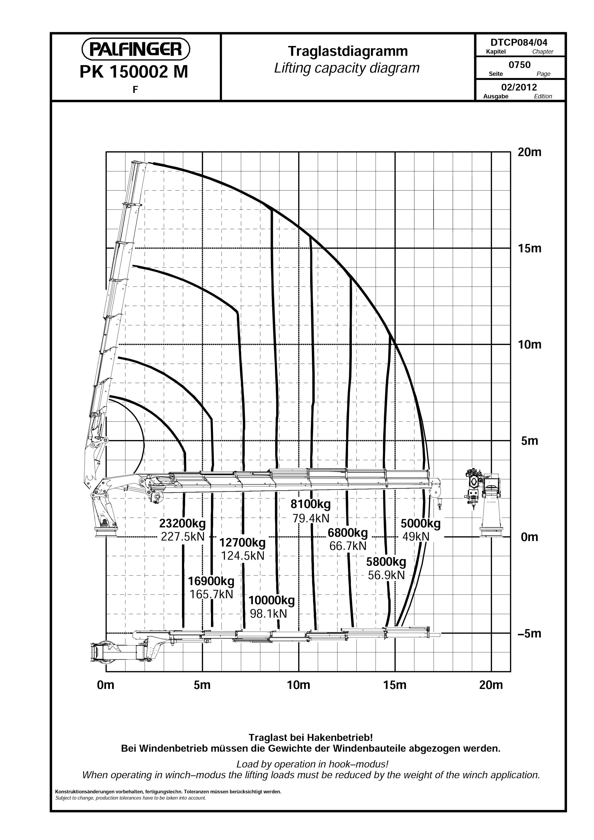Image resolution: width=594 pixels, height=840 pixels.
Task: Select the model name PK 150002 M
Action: [x=134, y=72]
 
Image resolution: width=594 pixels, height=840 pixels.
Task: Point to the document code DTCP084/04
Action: [x=519, y=42]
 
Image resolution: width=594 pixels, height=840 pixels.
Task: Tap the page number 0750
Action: [x=520, y=65]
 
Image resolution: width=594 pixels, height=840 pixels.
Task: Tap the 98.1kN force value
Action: [x=268, y=614]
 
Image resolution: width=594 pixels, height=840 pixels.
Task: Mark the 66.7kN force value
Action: [x=348, y=546]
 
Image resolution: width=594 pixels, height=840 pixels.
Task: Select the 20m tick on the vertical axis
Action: [x=529, y=152]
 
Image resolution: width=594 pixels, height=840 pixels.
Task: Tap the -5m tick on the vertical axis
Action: [x=529, y=633]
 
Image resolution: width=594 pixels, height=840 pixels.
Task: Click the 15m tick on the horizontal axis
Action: [x=395, y=685]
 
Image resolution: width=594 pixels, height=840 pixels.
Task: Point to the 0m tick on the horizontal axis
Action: [x=106, y=685]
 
